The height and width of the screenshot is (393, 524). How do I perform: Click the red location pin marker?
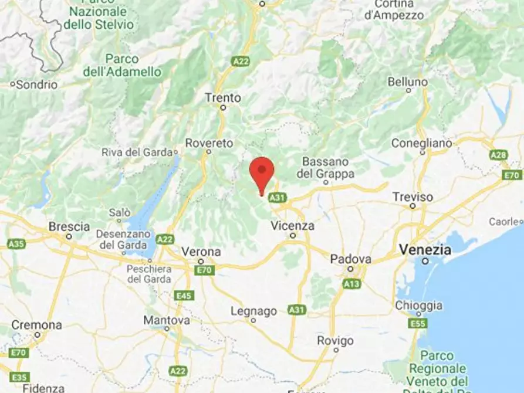coord(262,172)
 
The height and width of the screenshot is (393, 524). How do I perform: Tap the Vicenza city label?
coord(293,226)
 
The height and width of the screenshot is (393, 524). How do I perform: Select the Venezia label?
coord(425,250)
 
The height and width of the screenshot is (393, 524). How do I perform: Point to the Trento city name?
coord(223,98)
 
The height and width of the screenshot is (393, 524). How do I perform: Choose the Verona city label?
coord(201,252)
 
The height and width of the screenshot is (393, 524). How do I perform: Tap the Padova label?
coord(350,259)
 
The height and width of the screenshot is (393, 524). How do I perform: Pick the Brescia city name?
coord(69,226)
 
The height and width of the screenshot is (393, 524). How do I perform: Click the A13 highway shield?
coord(351,284)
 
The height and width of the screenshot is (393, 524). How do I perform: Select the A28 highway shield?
coord(498,155)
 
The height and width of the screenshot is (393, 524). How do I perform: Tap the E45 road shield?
coord(184,296)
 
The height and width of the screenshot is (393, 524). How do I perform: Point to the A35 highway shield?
coord(16,243)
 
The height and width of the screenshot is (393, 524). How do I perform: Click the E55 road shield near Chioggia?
coord(418,324)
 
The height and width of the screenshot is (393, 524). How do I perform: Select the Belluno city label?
coord(408,82)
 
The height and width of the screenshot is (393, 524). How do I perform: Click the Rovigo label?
coord(336,341)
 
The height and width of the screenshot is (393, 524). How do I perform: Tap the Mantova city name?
coord(167,321)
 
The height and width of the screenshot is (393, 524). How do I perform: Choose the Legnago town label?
coord(253,311)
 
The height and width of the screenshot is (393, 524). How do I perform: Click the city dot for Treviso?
coord(413,206)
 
